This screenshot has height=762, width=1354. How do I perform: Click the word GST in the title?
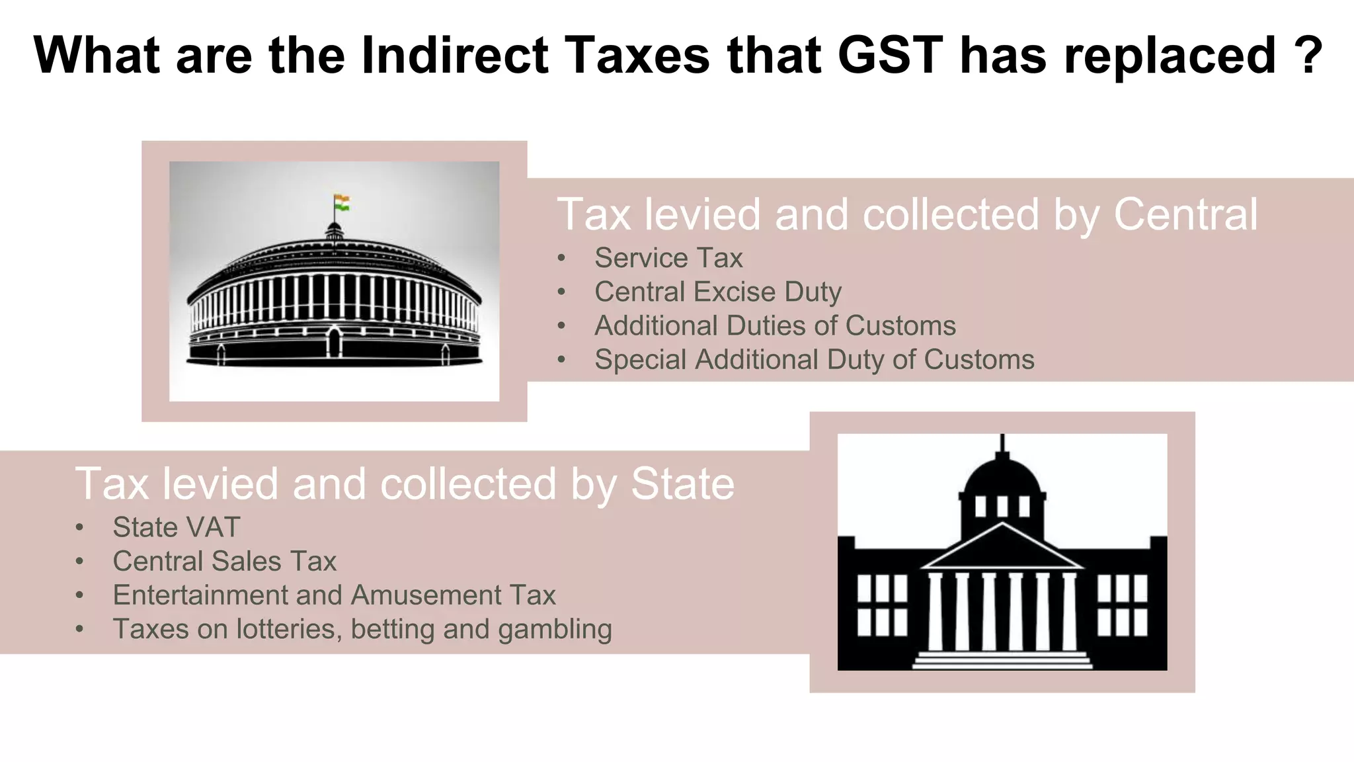tap(891, 55)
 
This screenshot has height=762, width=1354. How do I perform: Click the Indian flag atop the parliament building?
tap(342, 202)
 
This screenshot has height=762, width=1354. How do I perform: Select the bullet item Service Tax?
tap(668, 258)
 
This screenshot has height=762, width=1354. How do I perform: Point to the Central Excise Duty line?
tap(717, 292)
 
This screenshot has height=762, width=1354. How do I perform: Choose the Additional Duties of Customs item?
tap(775, 325)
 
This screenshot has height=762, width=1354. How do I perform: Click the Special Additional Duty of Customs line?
tap(814, 360)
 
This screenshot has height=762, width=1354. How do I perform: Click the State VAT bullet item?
tap(176, 527)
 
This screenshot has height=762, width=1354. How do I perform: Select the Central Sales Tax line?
tap(224, 562)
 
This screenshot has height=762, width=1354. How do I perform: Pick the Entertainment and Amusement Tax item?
tap(334, 595)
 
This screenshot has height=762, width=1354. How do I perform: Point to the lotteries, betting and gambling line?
tap(362, 629)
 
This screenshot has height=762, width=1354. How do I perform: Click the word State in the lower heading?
tap(682, 484)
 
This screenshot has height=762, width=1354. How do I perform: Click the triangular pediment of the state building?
tap(1002, 549)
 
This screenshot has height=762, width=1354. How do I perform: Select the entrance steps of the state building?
tap(1002, 659)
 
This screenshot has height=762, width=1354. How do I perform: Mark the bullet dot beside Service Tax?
tap(561, 258)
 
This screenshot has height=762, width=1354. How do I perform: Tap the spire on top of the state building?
tap(1002, 443)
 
